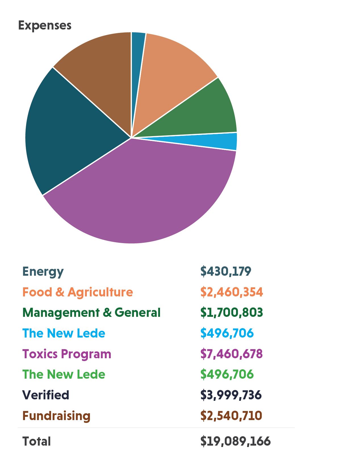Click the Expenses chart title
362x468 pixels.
click(x=45, y=26)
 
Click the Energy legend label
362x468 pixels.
click(x=43, y=272)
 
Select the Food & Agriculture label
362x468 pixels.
click(x=77, y=292)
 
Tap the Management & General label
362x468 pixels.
click(x=91, y=313)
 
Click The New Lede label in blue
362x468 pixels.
click(x=64, y=333)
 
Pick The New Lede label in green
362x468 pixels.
click(x=64, y=374)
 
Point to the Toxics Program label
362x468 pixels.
click(x=67, y=354)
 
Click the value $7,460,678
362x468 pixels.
click(x=231, y=354)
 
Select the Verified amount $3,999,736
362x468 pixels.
click(x=231, y=395)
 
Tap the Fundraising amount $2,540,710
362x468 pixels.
click(x=231, y=416)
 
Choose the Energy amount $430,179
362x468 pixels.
click(x=226, y=271)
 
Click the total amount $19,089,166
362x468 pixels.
click(x=235, y=441)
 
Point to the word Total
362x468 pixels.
click(x=37, y=441)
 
